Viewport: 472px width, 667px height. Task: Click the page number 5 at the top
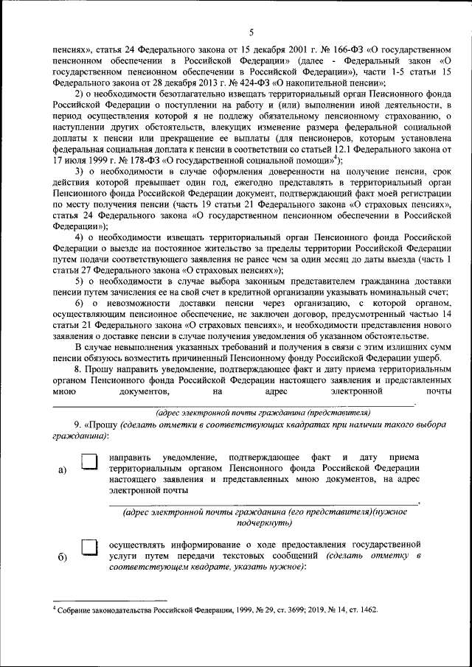pos(251,31)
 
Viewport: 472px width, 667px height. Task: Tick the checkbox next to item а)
pos(89,462)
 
